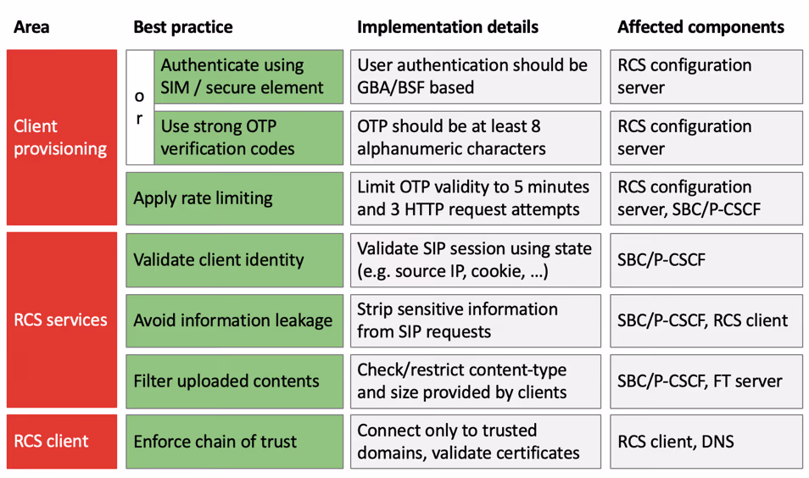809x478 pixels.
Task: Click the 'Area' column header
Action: (x=31, y=27)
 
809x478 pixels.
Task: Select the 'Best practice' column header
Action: (x=182, y=27)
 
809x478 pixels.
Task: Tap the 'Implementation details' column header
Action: (x=447, y=27)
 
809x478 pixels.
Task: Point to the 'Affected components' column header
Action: (x=700, y=27)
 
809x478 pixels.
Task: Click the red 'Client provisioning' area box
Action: (x=61, y=137)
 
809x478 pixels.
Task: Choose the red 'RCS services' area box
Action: (x=61, y=320)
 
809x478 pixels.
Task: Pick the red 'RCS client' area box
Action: (x=61, y=442)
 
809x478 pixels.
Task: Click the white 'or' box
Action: (x=139, y=107)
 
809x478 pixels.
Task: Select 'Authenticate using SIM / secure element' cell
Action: (x=248, y=76)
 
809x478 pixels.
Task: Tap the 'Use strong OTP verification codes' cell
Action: (x=248, y=137)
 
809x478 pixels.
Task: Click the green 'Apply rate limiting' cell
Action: (x=234, y=198)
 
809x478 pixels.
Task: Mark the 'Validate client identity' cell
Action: (x=234, y=259)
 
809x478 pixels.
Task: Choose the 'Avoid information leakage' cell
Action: (x=234, y=320)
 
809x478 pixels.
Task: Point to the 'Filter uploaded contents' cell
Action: (x=234, y=381)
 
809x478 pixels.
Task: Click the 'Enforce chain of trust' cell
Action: (x=234, y=442)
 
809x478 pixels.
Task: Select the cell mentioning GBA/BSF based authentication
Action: (x=476, y=76)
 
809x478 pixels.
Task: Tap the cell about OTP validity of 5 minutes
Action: (x=476, y=198)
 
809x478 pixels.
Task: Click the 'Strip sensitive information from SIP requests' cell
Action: (x=476, y=320)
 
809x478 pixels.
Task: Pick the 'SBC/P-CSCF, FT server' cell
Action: (x=706, y=381)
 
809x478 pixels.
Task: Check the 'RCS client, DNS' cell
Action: (x=706, y=442)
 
